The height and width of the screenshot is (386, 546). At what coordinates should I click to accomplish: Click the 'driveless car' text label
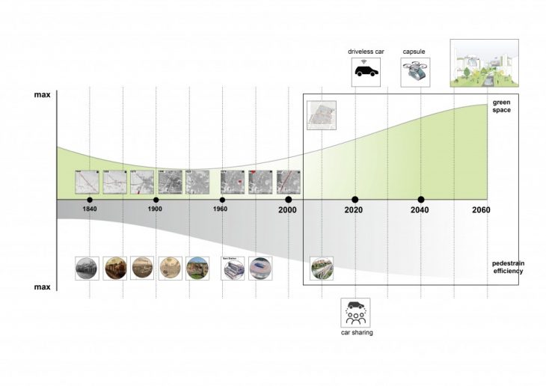365,51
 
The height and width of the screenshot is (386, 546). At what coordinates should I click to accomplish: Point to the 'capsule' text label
414,51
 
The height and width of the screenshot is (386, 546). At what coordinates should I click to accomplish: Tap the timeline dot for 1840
89,200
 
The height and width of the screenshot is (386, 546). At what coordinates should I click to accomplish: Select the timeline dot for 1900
156,200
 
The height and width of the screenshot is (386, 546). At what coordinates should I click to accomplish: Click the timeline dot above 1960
222,200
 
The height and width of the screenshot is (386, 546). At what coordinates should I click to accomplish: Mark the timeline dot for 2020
355,200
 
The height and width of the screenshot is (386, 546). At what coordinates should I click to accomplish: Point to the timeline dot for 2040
421,200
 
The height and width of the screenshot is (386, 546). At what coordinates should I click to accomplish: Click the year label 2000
288,210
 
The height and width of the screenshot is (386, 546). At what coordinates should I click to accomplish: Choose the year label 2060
480,210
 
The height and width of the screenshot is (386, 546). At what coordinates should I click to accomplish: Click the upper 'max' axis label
42,96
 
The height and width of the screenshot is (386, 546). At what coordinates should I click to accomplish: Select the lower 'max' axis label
42,287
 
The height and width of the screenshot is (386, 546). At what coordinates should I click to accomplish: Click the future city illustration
484,64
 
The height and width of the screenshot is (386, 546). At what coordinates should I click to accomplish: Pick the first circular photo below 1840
88,269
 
